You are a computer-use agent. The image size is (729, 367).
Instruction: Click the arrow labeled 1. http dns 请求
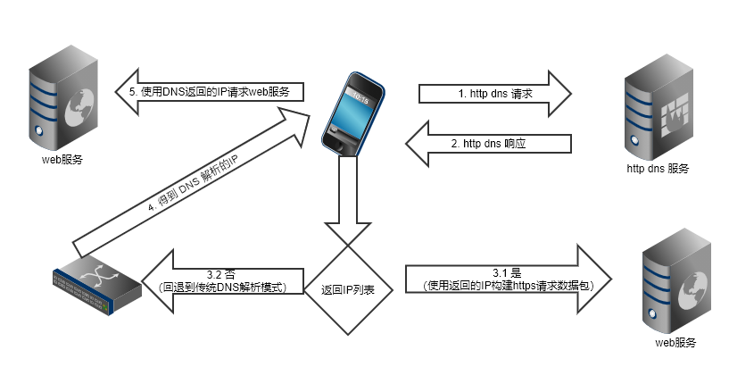[494, 93]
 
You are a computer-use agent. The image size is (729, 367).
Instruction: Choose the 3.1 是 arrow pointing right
[504, 279]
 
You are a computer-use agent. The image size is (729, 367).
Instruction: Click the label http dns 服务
[658, 168]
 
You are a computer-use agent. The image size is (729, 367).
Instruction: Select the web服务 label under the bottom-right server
[675, 343]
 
